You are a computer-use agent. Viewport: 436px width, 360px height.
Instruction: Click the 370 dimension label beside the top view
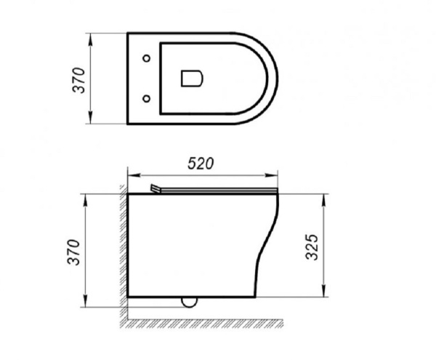click(79, 78)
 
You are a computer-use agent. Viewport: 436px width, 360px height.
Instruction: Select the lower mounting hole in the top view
click(148, 97)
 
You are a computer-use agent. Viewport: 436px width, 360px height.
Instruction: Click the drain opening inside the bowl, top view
click(190, 78)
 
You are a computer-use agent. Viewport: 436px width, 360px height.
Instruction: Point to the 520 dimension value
click(201, 164)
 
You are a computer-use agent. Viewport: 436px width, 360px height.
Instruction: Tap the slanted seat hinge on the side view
click(156, 189)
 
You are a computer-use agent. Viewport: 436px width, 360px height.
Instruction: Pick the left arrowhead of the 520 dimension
click(132, 175)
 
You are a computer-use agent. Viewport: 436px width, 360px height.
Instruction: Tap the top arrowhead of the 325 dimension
click(322, 197)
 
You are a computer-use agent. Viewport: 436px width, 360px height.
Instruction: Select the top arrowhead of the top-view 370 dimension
click(92, 36)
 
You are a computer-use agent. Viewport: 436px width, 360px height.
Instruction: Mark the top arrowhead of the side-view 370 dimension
click(90, 197)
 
